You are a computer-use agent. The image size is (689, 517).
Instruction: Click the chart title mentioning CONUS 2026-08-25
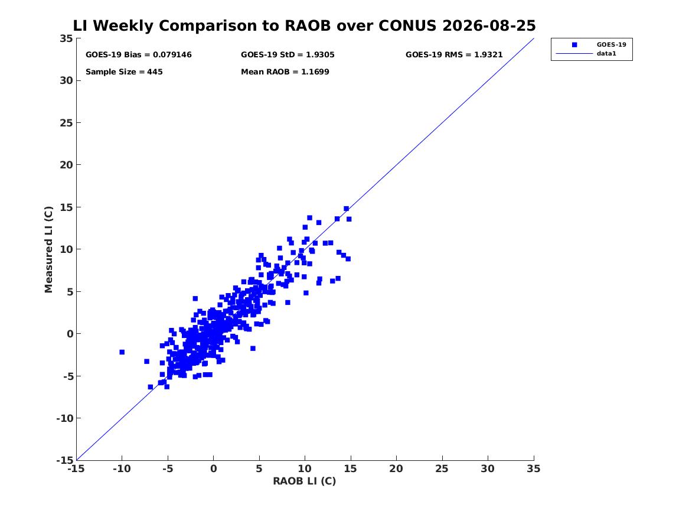[x=304, y=25]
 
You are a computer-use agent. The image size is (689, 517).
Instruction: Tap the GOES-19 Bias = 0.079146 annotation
[x=138, y=54]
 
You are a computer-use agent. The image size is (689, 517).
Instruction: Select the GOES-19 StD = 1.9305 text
[x=288, y=54]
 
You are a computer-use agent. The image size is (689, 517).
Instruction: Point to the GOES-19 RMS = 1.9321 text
[x=454, y=54]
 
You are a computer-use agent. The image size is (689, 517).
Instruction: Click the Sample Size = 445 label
[x=124, y=71]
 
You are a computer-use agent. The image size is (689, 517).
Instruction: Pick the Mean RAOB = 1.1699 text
[x=285, y=71]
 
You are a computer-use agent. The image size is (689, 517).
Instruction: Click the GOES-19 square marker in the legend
[x=574, y=44]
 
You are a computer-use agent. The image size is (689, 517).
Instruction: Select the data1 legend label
[x=606, y=54]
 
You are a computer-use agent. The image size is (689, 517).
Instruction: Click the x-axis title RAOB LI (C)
[x=305, y=481]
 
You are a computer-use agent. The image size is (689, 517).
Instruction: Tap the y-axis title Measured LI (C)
[x=48, y=249]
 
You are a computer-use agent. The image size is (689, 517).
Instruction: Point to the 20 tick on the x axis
[x=396, y=469]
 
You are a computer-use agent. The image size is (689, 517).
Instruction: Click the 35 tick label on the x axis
[x=534, y=469]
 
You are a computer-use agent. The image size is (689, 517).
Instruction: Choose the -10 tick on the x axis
[x=122, y=469]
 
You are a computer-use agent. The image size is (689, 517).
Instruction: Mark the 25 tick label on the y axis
[x=66, y=123]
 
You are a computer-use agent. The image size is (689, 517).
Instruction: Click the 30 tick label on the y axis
[x=66, y=80]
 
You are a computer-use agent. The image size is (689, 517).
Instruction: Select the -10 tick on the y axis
[x=64, y=418]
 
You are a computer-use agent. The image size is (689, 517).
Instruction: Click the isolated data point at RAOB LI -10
[x=122, y=352]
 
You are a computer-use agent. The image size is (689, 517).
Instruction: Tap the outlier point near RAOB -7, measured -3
[x=147, y=362]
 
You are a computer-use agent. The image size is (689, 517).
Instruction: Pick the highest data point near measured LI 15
[x=346, y=209]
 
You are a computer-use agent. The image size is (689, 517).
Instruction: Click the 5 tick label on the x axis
[x=259, y=469]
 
